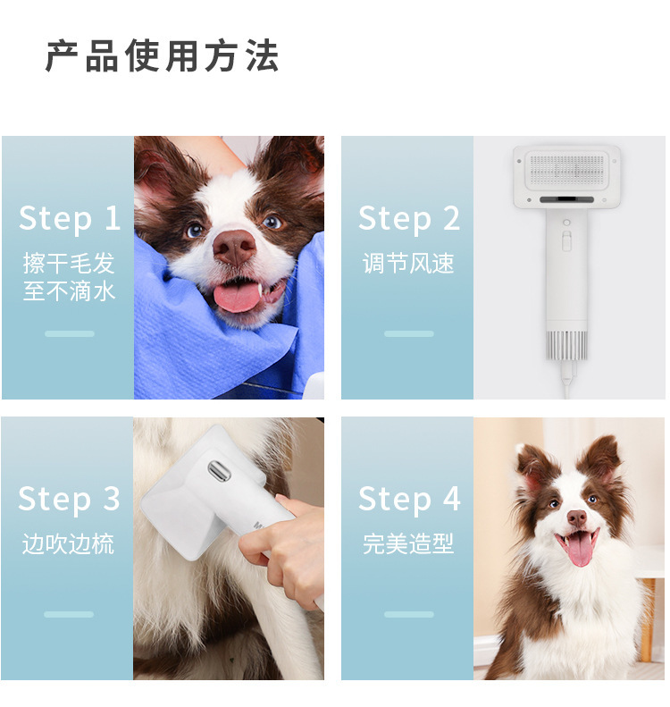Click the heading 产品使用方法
(x=162, y=56)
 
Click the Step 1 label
(x=69, y=218)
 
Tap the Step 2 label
(x=409, y=218)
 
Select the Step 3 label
(x=69, y=499)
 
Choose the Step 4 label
(x=409, y=499)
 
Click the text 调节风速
(x=408, y=264)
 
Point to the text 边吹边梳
(x=69, y=544)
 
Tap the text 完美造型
(x=408, y=544)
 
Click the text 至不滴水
(x=69, y=290)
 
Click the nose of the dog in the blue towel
(x=235, y=245)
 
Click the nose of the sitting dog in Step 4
(x=576, y=517)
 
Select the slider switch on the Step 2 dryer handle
(x=566, y=240)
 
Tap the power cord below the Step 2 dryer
(x=565, y=381)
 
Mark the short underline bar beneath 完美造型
(x=408, y=614)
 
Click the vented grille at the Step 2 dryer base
(x=566, y=344)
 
